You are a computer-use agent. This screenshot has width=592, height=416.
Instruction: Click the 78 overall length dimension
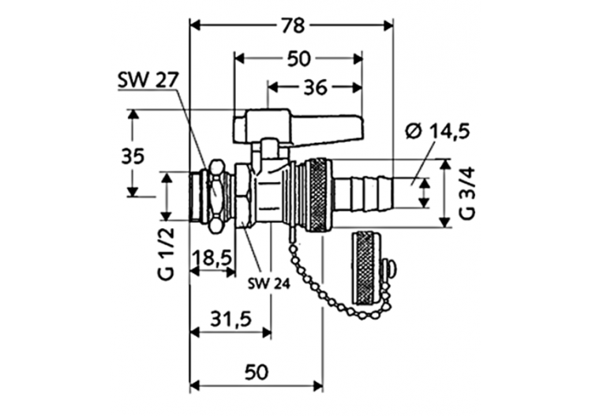(x=292, y=25)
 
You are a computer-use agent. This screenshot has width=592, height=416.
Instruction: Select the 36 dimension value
(x=315, y=88)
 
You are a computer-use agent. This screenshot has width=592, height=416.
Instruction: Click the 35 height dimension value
(x=133, y=156)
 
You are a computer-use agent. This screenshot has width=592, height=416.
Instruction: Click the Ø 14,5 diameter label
(x=438, y=131)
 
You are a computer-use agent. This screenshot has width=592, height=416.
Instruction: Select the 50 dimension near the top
(x=299, y=58)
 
